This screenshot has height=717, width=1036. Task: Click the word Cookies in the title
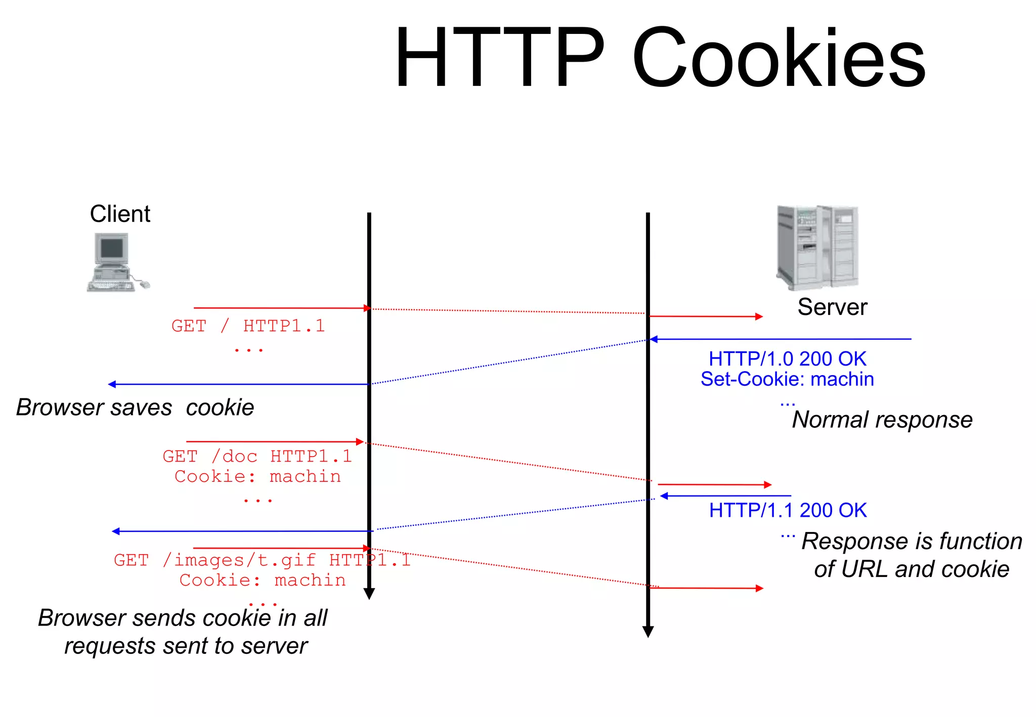pos(779,58)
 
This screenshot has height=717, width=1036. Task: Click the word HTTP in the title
pos(498,58)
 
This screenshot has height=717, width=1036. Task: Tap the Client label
pos(120,214)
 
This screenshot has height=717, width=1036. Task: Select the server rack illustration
pos(817,248)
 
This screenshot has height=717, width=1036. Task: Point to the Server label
pos(832,307)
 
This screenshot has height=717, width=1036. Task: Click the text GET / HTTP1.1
pos(248,326)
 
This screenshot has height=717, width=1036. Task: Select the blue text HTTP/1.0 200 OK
pos(787,359)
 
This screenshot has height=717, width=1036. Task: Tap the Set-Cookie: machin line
pos(787,379)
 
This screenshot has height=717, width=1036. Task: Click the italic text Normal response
pos(882,420)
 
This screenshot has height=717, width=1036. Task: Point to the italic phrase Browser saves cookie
pos(135,408)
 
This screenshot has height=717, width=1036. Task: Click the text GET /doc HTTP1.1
pos(257,457)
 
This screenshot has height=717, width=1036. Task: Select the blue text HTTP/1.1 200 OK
pos(788,510)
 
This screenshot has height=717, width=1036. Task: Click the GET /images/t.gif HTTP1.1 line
pos(262,560)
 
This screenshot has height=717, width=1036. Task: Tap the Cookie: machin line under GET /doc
pos(257,476)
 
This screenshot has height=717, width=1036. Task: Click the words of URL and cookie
pos(912,569)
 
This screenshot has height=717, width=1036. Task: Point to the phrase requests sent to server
pos(186,646)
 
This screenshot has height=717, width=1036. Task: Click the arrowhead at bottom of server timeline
pos(648,632)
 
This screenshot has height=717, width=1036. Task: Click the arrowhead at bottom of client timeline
pos(369,594)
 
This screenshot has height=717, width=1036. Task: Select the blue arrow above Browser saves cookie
pos(238,384)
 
